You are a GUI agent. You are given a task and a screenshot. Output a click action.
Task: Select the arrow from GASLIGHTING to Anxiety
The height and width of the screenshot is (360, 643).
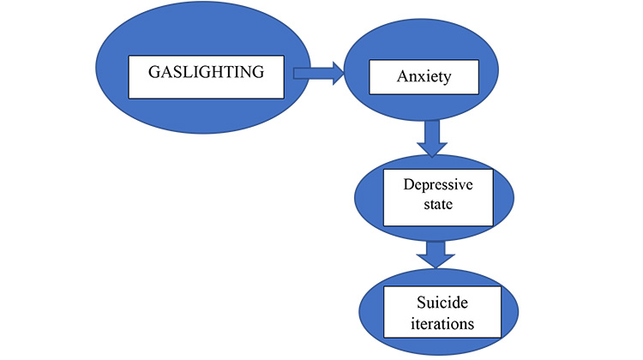point(318,75)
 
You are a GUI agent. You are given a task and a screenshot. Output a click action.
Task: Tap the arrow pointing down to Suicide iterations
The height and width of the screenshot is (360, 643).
point(436,254)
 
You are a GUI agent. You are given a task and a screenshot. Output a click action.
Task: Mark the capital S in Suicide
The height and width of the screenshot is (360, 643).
point(401,303)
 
